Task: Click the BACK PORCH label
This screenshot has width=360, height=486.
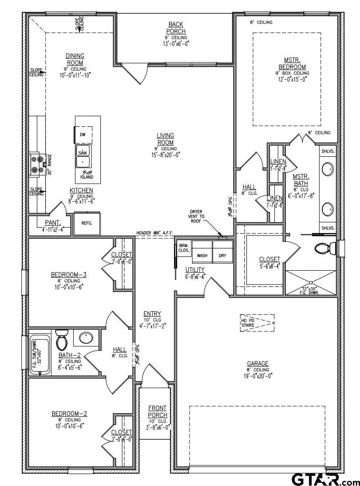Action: pyautogui.click(x=177, y=28)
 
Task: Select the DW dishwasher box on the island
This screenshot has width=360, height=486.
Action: pyautogui.click(x=83, y=134)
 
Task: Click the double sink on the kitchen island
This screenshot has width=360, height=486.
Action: pyautogui.click(x=83, y=157)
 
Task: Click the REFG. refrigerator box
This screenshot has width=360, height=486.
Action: pyautogui.click(x=87, y=223)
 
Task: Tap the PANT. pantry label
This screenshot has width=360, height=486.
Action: pyautogui.click(x=53, y=223)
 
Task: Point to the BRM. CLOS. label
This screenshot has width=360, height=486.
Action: pyautogui.click(x=184, y=247)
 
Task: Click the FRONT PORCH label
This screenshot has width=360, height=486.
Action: pyautogui.click(x=157, y=411)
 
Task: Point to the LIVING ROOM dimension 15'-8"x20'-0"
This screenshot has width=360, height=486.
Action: pyautogui.click(x=165, y=155)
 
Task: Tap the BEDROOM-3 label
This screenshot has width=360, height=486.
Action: pyautogui.click(x=69, y=274)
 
